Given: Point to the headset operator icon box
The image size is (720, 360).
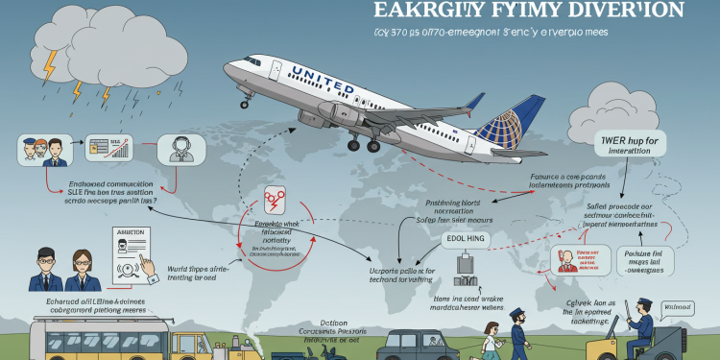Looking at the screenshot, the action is (x=180, y=150).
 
